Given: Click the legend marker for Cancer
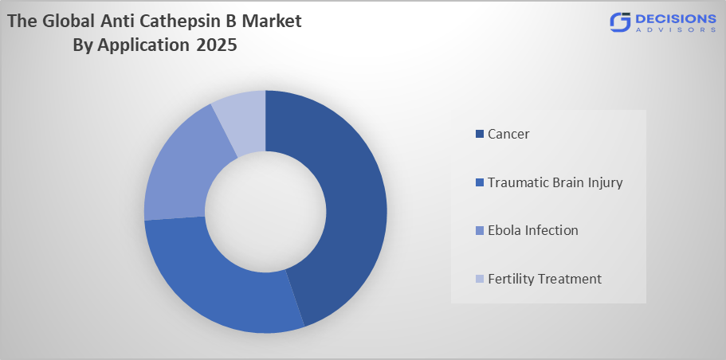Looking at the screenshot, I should tap(479, 134).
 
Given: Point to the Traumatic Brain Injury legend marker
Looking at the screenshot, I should tap(479, 182).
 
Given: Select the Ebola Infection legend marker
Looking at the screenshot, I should tap(479, 231).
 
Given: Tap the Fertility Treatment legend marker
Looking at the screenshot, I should tap(479, 279).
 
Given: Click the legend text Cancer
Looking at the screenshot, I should tap(508, 134).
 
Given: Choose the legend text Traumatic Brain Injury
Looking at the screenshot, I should tap(555, 182).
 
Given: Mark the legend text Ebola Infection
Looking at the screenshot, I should tap(532, 231).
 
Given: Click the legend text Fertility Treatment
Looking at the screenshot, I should tap(544, 279).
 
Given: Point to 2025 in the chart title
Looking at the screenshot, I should tap(215, 45).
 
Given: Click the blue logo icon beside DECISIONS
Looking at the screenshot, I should tap(620, 23).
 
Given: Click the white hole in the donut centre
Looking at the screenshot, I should tap(265, 211).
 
